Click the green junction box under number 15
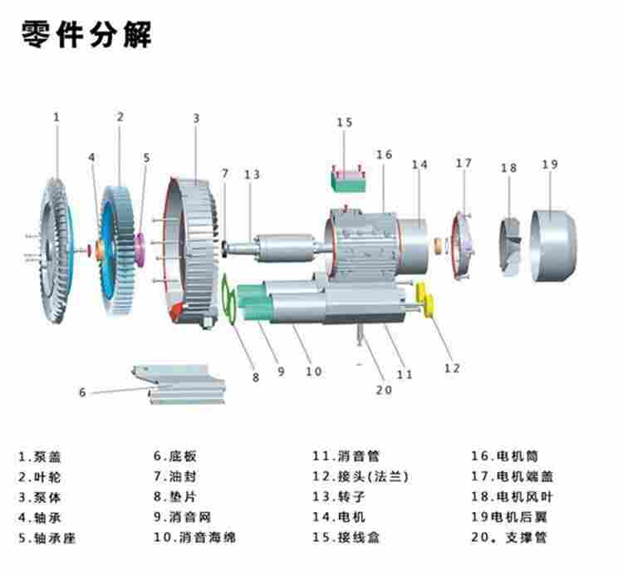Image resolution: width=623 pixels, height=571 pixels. click(x=349, y=178)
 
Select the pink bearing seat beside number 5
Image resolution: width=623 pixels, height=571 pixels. click(x=140, y=248)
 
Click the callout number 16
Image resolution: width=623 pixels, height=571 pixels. click(x=383, y=155)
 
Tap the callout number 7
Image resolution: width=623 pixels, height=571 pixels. click(x=224, y=173)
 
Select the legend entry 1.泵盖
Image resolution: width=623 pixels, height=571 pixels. click(x=40, y=456)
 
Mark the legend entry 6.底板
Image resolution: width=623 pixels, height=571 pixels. click(x=175, y=456)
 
